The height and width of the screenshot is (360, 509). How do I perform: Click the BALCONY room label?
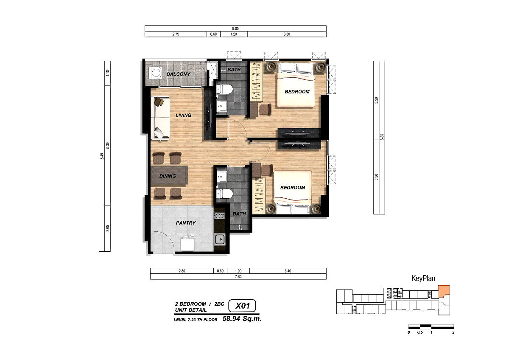pyautogui.click(x=179, y=74)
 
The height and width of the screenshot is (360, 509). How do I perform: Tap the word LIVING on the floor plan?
pyautogui.click(x=183, y=115)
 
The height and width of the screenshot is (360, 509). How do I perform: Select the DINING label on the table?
pyautogui.click(x=168, y=176)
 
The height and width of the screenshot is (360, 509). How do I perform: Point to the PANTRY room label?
pyautogui.click(x=186, y=223)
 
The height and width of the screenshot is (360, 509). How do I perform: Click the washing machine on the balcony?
pyautogui.click(x=156, y=73)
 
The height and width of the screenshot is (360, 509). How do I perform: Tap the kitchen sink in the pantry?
pyautogui.click(x=220, y=239)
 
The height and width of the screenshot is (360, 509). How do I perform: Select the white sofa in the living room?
pyautogui.click(x=160, y=118)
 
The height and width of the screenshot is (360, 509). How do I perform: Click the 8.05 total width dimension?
pyautogui.click(x=235, y=28)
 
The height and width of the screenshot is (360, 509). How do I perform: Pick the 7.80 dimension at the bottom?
pyautogui.click(x=238, y=276)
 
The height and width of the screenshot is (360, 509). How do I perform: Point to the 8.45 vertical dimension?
pyautogui.click(x=102, y=156)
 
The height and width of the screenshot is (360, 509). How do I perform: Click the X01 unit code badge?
pyautogui.click(x=242, y=306)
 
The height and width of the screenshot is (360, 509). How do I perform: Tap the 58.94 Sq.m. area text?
pyautogui.click(x=242, y=319)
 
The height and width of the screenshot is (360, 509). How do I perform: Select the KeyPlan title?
pyautogui.click(x=423, y=278)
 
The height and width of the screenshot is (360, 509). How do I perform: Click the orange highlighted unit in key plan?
pyautogui.click(x=444, y=291)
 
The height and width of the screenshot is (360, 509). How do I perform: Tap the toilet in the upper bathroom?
pyautogui.click(x=224, y=89)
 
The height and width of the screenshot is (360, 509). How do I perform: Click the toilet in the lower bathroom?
pyautogui.click(x=224, y=194)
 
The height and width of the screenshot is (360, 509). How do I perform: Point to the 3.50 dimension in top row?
pyautogui.click(x=287, y=34)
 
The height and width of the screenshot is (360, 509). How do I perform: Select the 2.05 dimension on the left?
pyautogui.click(x=108, y=228)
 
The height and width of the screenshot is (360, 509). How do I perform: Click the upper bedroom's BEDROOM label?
pyautogui.click(x=297, y=92)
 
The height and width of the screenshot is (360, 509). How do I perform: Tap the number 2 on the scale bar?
pyautogui.click(x=453, y=332)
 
